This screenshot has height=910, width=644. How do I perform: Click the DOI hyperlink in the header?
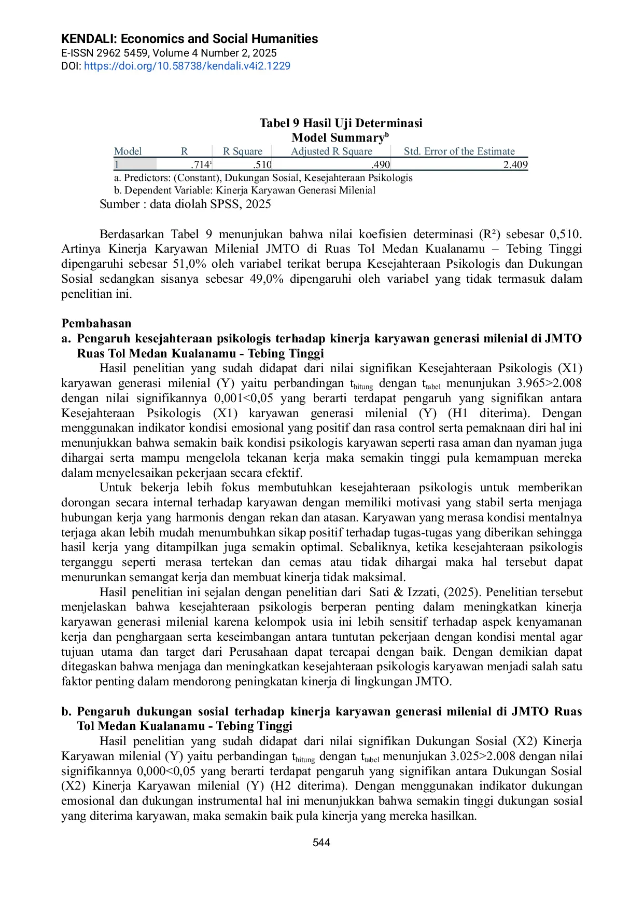pyautogui.click(x=187, y=66)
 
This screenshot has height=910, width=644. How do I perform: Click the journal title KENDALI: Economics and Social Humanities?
pyautogui.click(x=189, y=39)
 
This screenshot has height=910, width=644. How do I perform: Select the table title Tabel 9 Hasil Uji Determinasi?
pyautogui.click(x=341, y=123)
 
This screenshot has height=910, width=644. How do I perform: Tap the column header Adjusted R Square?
pyautogui.click(x=331, y=151)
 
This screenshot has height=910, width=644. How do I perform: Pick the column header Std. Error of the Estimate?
pyautogui.click(x=459, y=151)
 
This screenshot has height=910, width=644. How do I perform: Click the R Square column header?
pyautogui.click(x=242, y=151)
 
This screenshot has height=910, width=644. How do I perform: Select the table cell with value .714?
pyautogui.click(x=200, y=165)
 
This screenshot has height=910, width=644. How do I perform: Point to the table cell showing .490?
pyautogui.click(x=381, y=165)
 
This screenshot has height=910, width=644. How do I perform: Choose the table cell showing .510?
pyautogui.click(x=262, y=165)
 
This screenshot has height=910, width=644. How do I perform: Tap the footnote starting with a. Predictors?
pyautogui.click(x=263, y=178)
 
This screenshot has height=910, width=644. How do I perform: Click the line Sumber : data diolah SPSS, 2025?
pyautogui.click(x=185, y=204)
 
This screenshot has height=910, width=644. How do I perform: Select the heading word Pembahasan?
pyautogui.click(x=96, y=323)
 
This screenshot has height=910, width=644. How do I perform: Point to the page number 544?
pyautogui.click(x=321, y=843)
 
